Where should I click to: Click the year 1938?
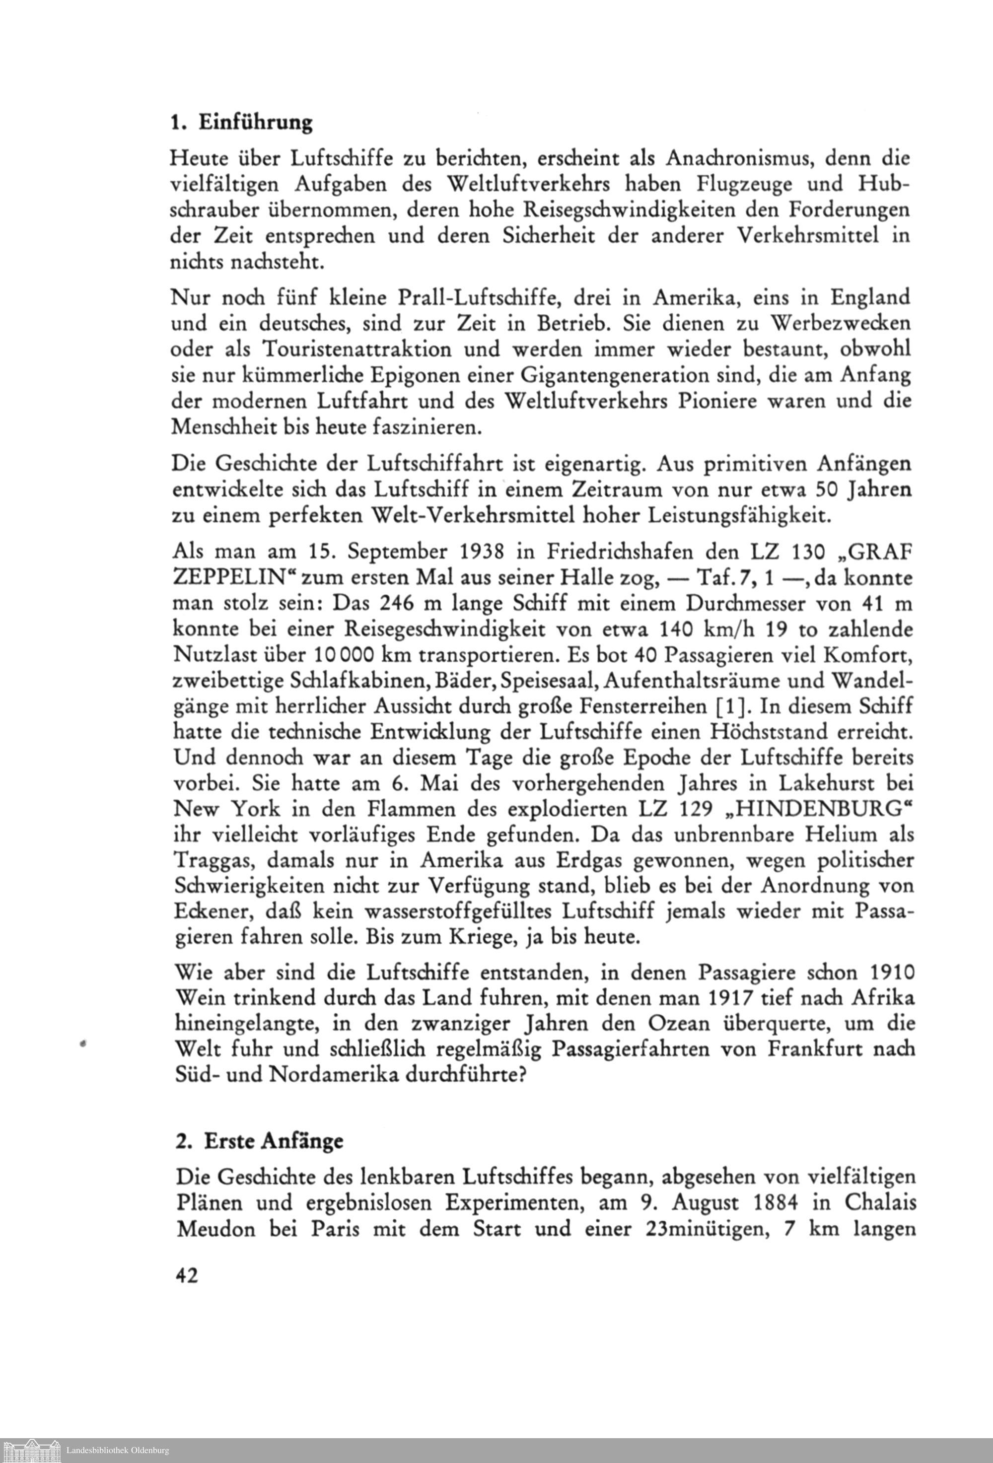pos(470,552)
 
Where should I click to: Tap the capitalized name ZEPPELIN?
pos(232,578)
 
